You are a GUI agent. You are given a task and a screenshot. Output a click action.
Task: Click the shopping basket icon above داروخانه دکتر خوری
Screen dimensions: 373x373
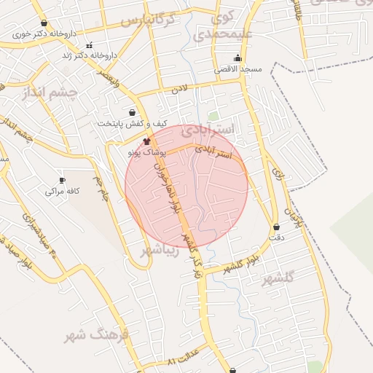point(44,23)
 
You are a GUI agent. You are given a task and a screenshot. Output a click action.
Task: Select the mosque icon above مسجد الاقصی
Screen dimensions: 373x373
point(237,59)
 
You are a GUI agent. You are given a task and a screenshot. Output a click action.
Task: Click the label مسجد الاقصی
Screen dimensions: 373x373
point(237,69)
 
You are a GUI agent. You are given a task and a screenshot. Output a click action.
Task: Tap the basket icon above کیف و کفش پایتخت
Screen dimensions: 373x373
point(131,112)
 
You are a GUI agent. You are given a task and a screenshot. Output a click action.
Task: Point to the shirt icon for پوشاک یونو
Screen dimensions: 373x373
point(146,141)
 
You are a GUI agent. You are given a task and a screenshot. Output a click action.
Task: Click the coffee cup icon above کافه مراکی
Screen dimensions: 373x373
point(61,180)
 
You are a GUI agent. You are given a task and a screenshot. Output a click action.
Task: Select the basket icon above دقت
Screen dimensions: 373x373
point(275,227)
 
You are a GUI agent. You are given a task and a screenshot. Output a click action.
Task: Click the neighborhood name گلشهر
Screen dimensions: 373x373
point(280,277)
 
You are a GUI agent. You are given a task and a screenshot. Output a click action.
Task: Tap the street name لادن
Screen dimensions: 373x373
point(180,90)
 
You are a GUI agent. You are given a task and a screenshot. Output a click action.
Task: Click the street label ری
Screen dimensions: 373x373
point(277,172)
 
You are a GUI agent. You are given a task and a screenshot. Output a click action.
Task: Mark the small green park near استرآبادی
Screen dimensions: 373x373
point(213,116)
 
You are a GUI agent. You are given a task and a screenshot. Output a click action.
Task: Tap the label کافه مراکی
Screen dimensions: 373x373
point(63,191)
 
